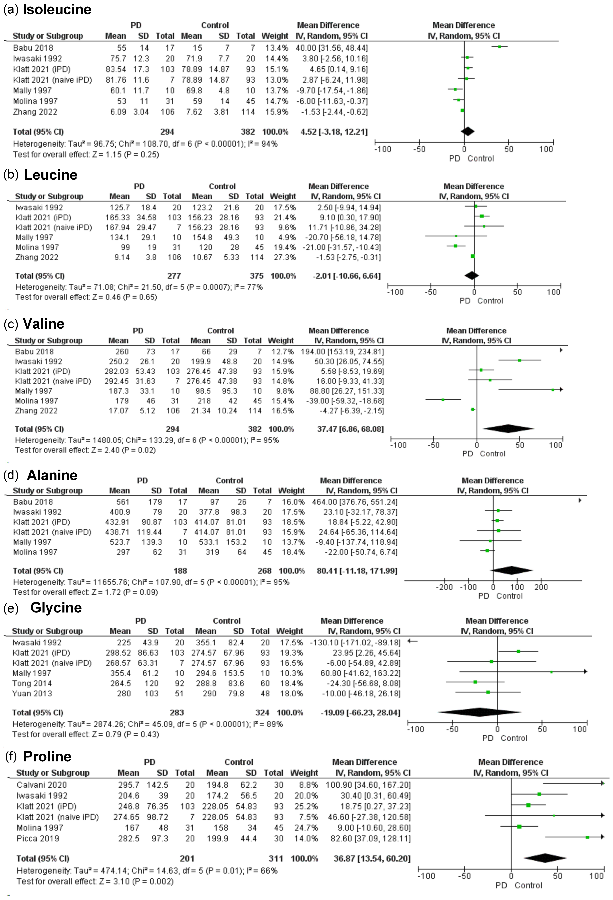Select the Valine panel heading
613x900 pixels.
click(x=44, y=324)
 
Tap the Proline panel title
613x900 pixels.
click(x=47, y=756)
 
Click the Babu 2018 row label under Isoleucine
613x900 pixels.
click(x=33, y=48)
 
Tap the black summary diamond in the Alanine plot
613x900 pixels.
click(x=511, y=570)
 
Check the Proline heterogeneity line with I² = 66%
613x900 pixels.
click(x=147, y=871)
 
